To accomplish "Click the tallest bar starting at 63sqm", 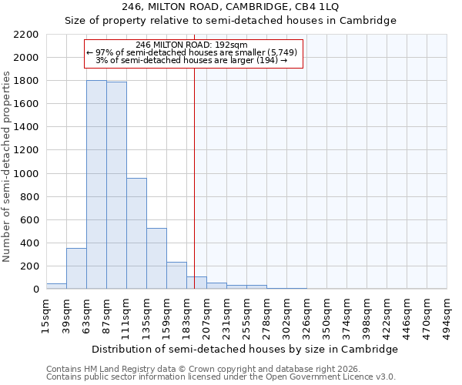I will point(96,185).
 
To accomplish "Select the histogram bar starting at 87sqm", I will point(116,186).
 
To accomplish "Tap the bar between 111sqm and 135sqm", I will point(136,233).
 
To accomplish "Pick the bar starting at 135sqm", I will point(156,259).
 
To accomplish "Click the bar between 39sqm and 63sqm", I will point(76,269).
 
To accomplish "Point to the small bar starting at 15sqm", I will point(56,286).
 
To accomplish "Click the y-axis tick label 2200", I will point(26,35).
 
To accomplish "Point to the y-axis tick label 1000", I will point(26,174).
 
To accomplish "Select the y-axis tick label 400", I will point(29,243).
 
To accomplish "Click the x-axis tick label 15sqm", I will point(46,316).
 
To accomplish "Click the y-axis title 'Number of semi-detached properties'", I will point(8,166).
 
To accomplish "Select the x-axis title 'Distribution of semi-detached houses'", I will point(246,349).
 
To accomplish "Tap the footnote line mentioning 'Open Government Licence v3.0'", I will point(220,377).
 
